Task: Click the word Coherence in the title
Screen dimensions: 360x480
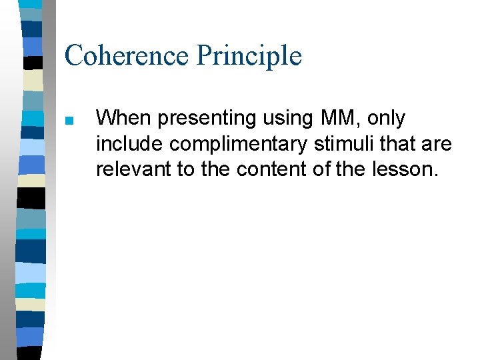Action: click(127, 55)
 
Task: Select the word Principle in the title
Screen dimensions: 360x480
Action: click(249, 55)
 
